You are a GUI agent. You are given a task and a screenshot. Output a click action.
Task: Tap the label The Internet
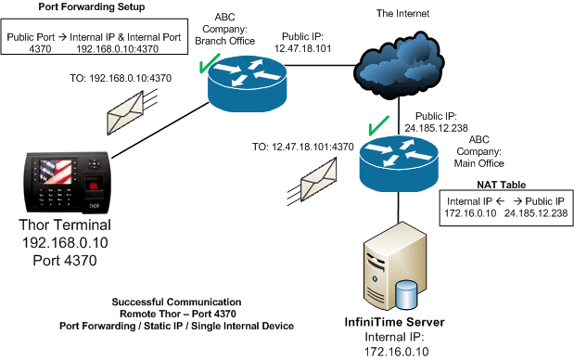[402, 14]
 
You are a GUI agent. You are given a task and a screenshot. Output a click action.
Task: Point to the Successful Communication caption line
[175, 302]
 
